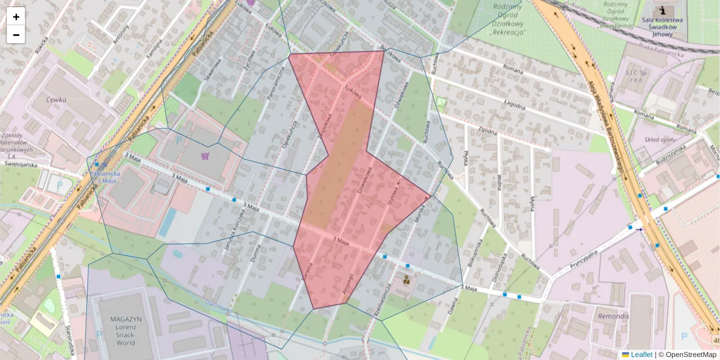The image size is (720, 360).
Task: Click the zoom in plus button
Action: tap(16, 17)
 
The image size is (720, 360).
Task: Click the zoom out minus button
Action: tap(16, 35)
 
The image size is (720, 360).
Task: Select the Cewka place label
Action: tap(59, 101)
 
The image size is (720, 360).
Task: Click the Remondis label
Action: tap(614, 316)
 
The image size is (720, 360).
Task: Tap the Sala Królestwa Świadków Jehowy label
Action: tap(662, 26)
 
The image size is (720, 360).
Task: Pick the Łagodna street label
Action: tap(515, 107)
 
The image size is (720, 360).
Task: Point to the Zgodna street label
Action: tap(488, 131)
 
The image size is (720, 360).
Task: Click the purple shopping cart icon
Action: tap(205, 156)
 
